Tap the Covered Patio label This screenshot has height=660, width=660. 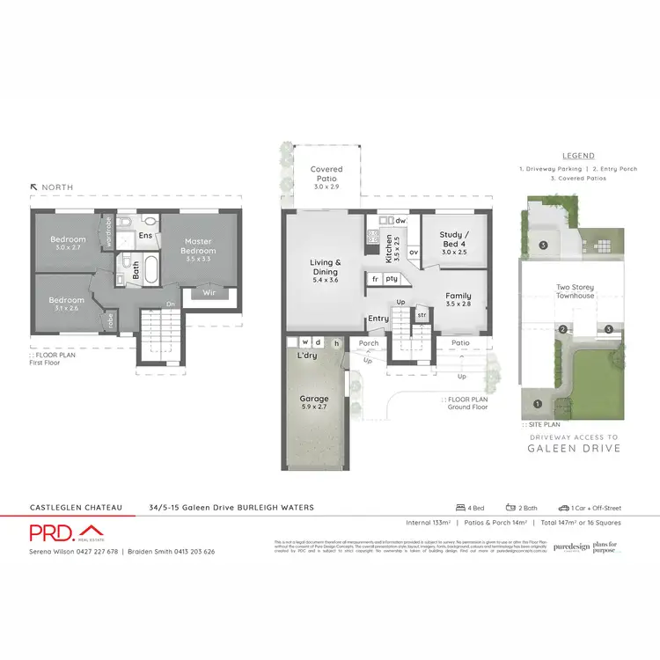327,173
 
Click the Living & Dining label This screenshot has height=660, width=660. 326,268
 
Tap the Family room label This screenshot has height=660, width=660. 458,297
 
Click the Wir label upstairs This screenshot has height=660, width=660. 209,292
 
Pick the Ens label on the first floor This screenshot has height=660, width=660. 145,236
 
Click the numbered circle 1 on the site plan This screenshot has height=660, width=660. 538,404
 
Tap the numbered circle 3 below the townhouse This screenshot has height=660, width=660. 608,330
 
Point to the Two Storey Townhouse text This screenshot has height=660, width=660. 576,291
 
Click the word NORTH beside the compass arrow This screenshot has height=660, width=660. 55,187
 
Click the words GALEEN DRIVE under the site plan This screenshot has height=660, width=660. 576,448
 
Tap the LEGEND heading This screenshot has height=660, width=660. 576,156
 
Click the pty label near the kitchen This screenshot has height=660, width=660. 391,278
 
